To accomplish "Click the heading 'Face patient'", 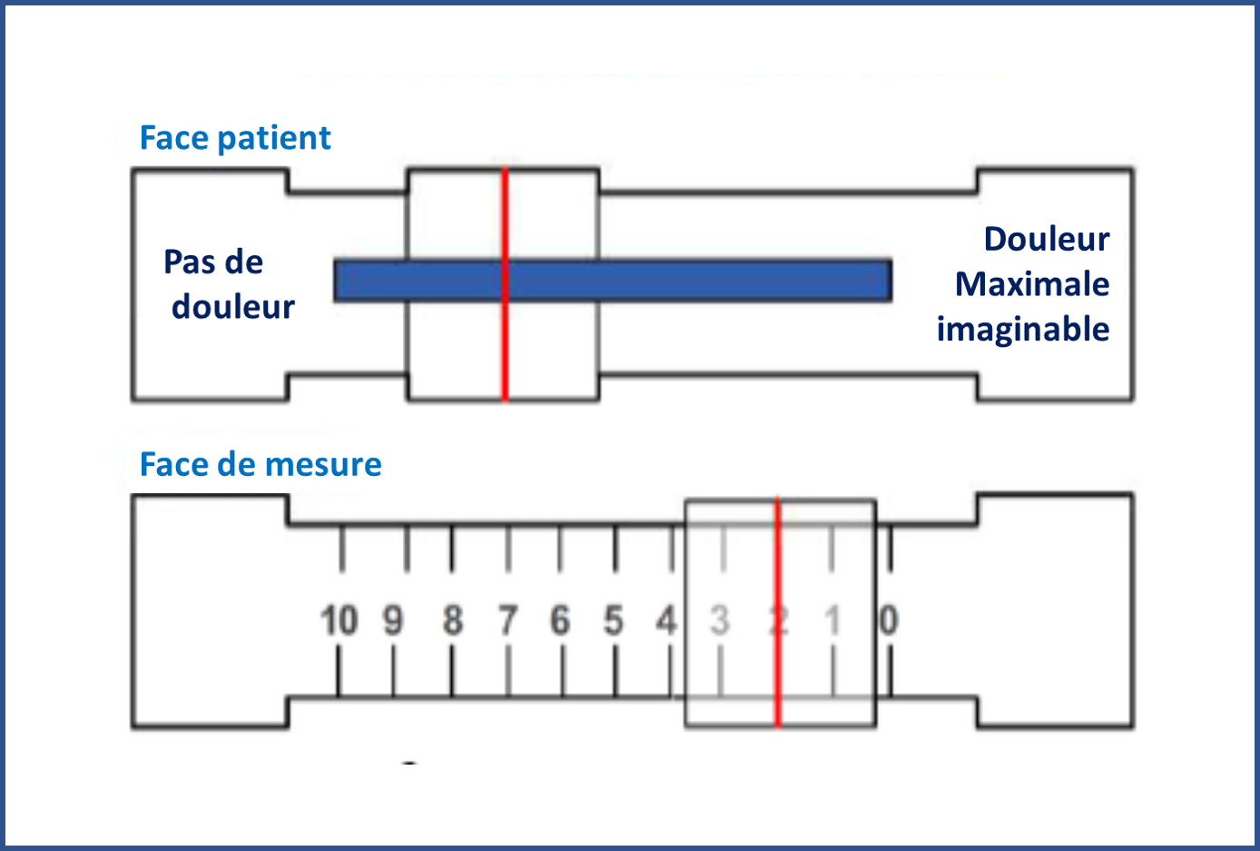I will coord(235,138).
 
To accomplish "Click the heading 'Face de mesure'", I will coord(261,465).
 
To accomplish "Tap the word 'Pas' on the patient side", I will coord(189,262).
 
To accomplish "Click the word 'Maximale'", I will coord(1032,284).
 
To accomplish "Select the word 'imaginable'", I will coord(1023,330).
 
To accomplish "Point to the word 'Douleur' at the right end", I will coord(1047,240).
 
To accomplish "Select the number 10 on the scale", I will coord(340,622).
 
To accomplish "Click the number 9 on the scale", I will coord(393,622).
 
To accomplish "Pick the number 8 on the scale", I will coord(452,622).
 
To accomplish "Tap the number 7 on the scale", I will coord(507,622).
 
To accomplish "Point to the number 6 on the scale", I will coord(560,622).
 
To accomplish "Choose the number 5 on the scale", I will coord(615,622).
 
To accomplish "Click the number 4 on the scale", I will coord(667,622).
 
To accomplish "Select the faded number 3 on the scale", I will coord(720,622).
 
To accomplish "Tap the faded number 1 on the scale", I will coord(832,622).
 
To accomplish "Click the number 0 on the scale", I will coord(889,621).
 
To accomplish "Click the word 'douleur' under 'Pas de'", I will coord(233,308).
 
